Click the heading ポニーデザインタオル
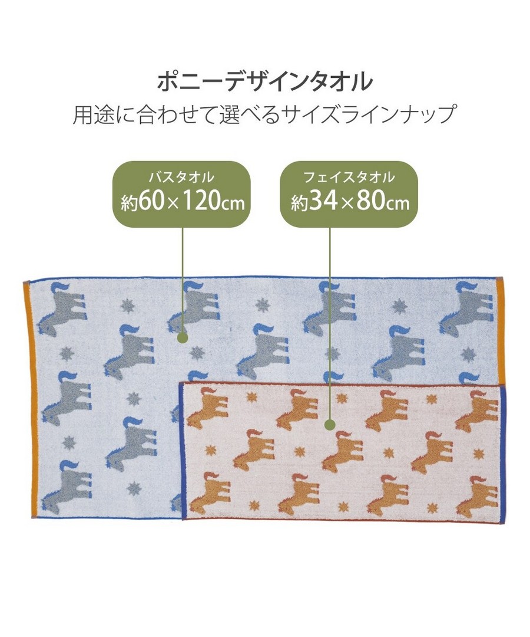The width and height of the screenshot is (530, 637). click(265, 81)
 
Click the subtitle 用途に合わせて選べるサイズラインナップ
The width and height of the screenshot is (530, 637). click(265, 114)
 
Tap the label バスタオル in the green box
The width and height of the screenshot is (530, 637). click(181, 177)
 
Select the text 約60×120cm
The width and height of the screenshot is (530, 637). click(183, 202)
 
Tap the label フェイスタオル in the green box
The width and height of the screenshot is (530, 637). click(349, 177)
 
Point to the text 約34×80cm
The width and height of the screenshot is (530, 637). click(350, 202)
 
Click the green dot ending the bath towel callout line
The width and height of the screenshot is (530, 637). click(183, 337)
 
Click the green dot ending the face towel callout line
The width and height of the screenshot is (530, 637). click(330, 425)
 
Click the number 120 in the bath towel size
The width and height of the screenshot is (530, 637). click(201, 202)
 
